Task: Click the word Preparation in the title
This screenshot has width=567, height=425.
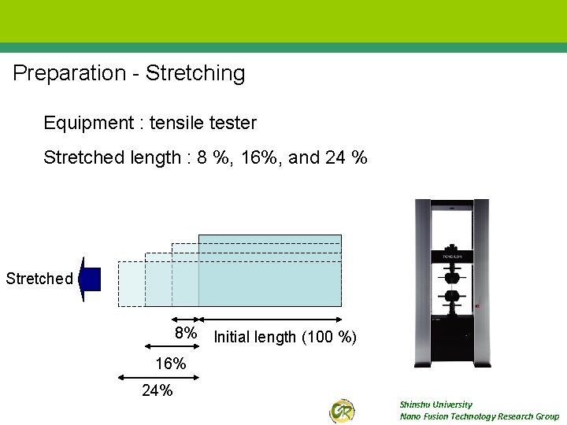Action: pos(70,74)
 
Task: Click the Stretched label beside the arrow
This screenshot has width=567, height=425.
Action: pos(39,279)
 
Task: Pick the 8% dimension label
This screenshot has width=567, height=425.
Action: pos(186,334)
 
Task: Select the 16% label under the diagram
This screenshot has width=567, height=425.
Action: pos(171,364)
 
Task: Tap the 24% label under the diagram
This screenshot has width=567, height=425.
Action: pos(157,390)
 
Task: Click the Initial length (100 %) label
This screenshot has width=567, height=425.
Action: pos(285,338)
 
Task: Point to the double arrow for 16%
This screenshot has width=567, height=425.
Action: pos(172,347)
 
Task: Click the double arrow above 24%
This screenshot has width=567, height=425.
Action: pos(158,375)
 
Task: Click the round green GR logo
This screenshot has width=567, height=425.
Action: pos(342,411)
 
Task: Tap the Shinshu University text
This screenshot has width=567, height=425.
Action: pos(435,405)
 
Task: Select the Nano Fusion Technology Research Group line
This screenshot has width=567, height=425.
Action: pos(479,416)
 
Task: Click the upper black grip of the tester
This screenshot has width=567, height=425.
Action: pos(452,275)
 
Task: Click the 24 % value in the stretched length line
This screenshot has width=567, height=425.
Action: pos(346,158)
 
